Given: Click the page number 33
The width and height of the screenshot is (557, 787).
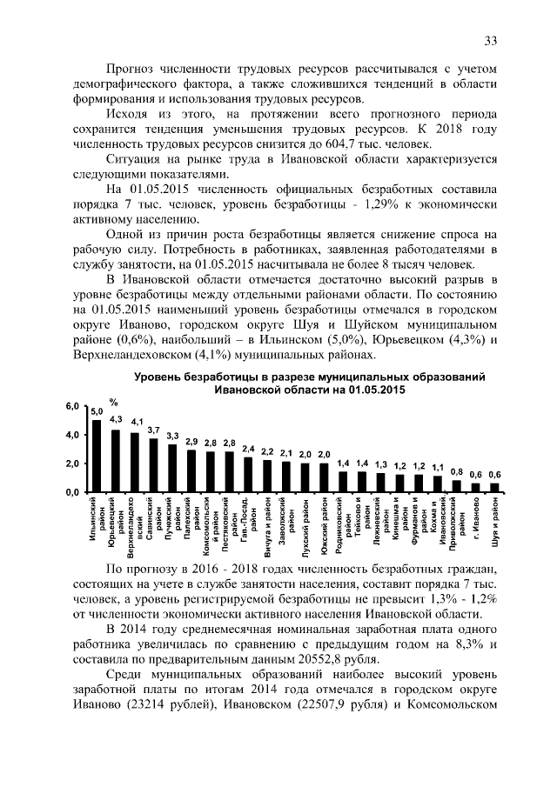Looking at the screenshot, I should pyautogui.click(x=490, y=41).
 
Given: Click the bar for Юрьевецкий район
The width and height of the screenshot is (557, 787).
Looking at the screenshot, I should pyautogui.click(x=115, y=461).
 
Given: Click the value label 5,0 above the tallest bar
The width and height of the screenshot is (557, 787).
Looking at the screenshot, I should pyautogui.click(x=97, y=410).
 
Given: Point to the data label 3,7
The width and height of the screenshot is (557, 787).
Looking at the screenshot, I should pyautogui.click(x=153, y=430).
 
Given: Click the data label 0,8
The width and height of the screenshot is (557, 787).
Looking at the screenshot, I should pyautogui.click(x=457, y=470).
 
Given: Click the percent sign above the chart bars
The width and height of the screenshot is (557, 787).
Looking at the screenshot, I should pyautogui.click(x=112, y=401).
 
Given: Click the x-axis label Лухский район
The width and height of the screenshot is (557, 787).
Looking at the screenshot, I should pyautogui.click(x=305, y=523).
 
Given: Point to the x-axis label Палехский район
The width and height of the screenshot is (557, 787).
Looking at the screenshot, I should pyautogui.click(x=191, y=523).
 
